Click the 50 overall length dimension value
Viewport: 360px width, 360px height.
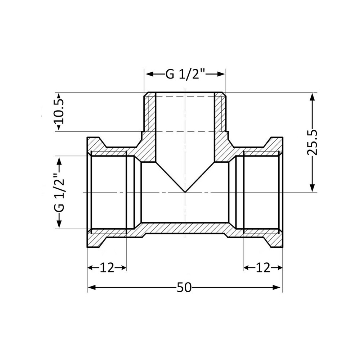[184, 287]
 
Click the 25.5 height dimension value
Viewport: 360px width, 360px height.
[313, 142]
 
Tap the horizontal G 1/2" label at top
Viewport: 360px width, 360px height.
[185, 74]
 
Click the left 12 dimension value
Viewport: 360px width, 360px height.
[107, 267]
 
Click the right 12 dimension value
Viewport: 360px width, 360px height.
[263, 267]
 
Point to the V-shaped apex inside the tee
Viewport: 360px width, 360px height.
[185, 192]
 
